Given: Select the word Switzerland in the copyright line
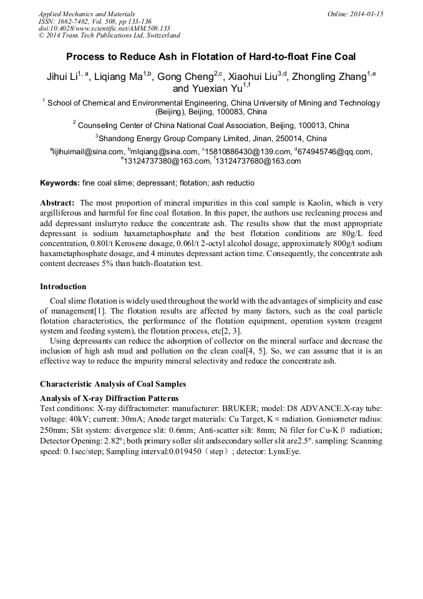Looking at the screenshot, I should tap(155, 36).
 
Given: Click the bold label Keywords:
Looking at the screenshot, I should tap(60, 183).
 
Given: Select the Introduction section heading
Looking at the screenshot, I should tap(63, 287).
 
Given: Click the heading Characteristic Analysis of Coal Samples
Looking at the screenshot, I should tap(113, 384).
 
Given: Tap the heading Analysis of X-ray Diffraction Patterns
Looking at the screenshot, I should tap(109, 398).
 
